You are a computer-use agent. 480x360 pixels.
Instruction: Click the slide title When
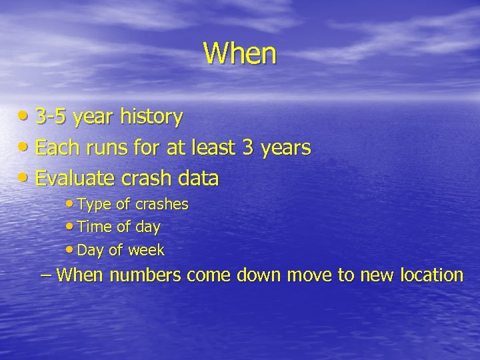[239, 53]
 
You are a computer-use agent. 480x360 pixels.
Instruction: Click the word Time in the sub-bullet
[93, 227]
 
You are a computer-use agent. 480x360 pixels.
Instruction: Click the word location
[431, 275]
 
